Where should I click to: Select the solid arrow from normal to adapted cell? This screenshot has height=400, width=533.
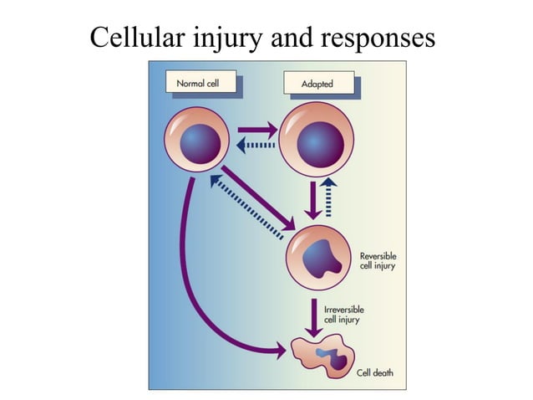257,131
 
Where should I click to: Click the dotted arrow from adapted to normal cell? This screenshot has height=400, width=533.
256,146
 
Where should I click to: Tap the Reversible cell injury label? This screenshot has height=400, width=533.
378,260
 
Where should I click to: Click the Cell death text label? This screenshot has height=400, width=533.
373,373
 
